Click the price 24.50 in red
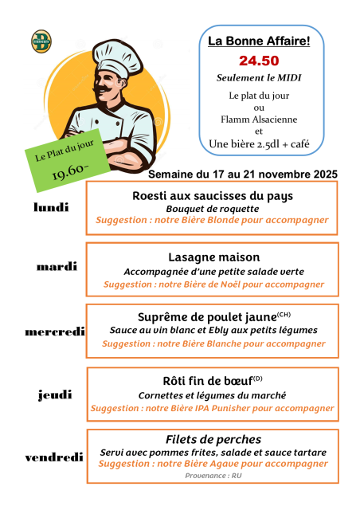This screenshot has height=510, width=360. click(259, 61)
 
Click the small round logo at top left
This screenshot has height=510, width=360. click(40, 40)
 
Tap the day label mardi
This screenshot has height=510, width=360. click(57, 266)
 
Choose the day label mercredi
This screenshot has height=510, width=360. click(55, 331)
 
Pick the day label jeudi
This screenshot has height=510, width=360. click(55, 394)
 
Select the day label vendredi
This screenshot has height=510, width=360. click(54, 457)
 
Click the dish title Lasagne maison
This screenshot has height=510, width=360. click(214, 257)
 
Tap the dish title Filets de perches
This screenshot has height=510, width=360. click(213, 439)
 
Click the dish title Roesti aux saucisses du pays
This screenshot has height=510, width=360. click(213, 195)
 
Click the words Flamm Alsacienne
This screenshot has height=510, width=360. click(258, 120)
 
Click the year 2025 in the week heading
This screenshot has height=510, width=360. click(323, 174)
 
